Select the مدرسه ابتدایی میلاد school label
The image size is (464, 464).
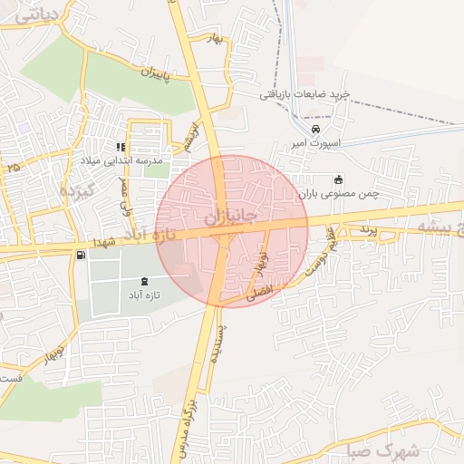121,160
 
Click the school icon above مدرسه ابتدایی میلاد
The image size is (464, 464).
120,147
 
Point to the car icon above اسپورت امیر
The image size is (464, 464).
314,129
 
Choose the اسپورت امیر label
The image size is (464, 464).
315,143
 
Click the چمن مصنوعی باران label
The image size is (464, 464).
338,194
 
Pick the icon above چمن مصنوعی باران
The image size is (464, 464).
339,179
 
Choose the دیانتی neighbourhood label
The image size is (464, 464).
37,14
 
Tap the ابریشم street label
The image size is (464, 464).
188,134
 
